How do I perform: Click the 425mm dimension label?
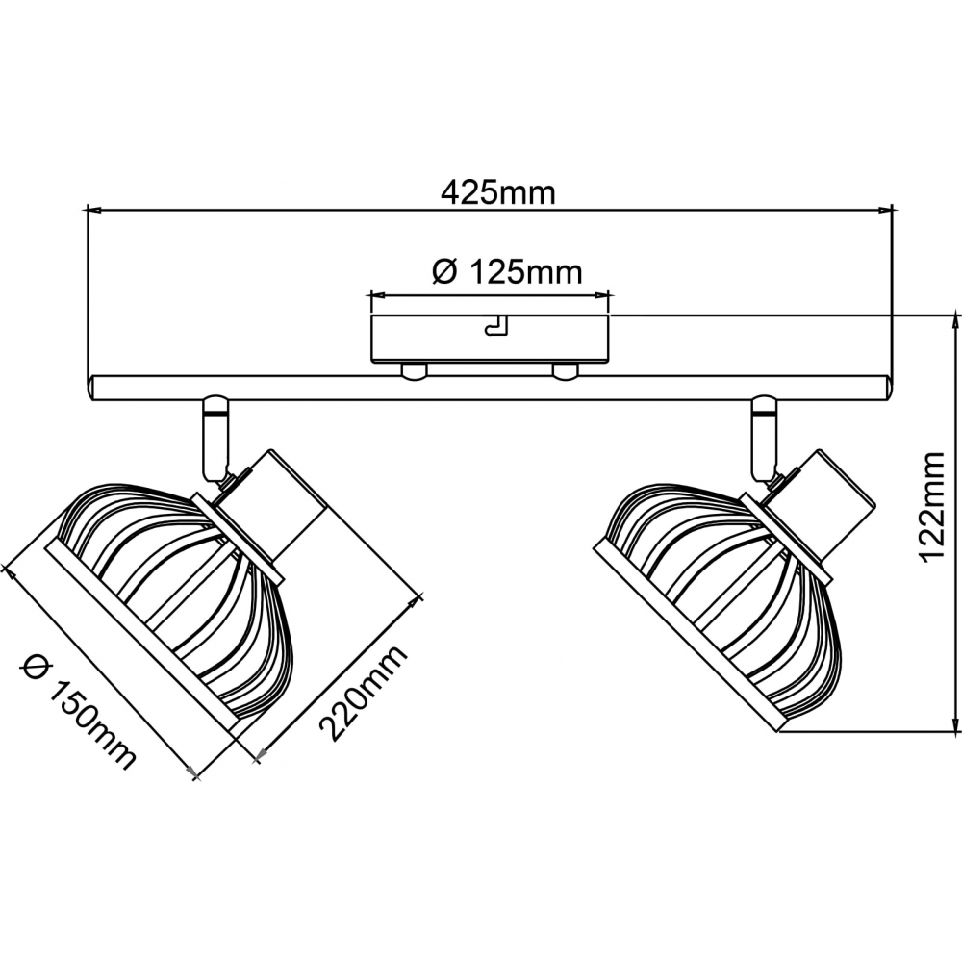tap(498, 192)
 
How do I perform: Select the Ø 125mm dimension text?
tap(507, 272)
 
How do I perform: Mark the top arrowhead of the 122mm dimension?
tap(955, 323)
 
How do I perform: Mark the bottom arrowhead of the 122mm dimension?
tap(955, 724)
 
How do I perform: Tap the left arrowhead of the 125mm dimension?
tap(378, 295)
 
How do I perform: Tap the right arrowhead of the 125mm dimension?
tap(601, 295)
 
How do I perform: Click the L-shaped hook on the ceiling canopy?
tap(497, 326)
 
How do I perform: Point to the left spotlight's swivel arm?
tap(215, 437)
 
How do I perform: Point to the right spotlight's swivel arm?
tap(765, 437)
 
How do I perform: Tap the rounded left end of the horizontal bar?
tap(92, 389)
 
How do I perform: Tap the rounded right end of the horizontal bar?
tap(886, 389)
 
